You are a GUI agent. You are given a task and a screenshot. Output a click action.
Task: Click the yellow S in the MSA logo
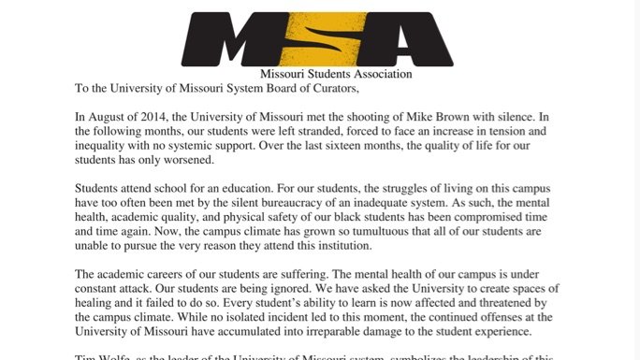[316, 39]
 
